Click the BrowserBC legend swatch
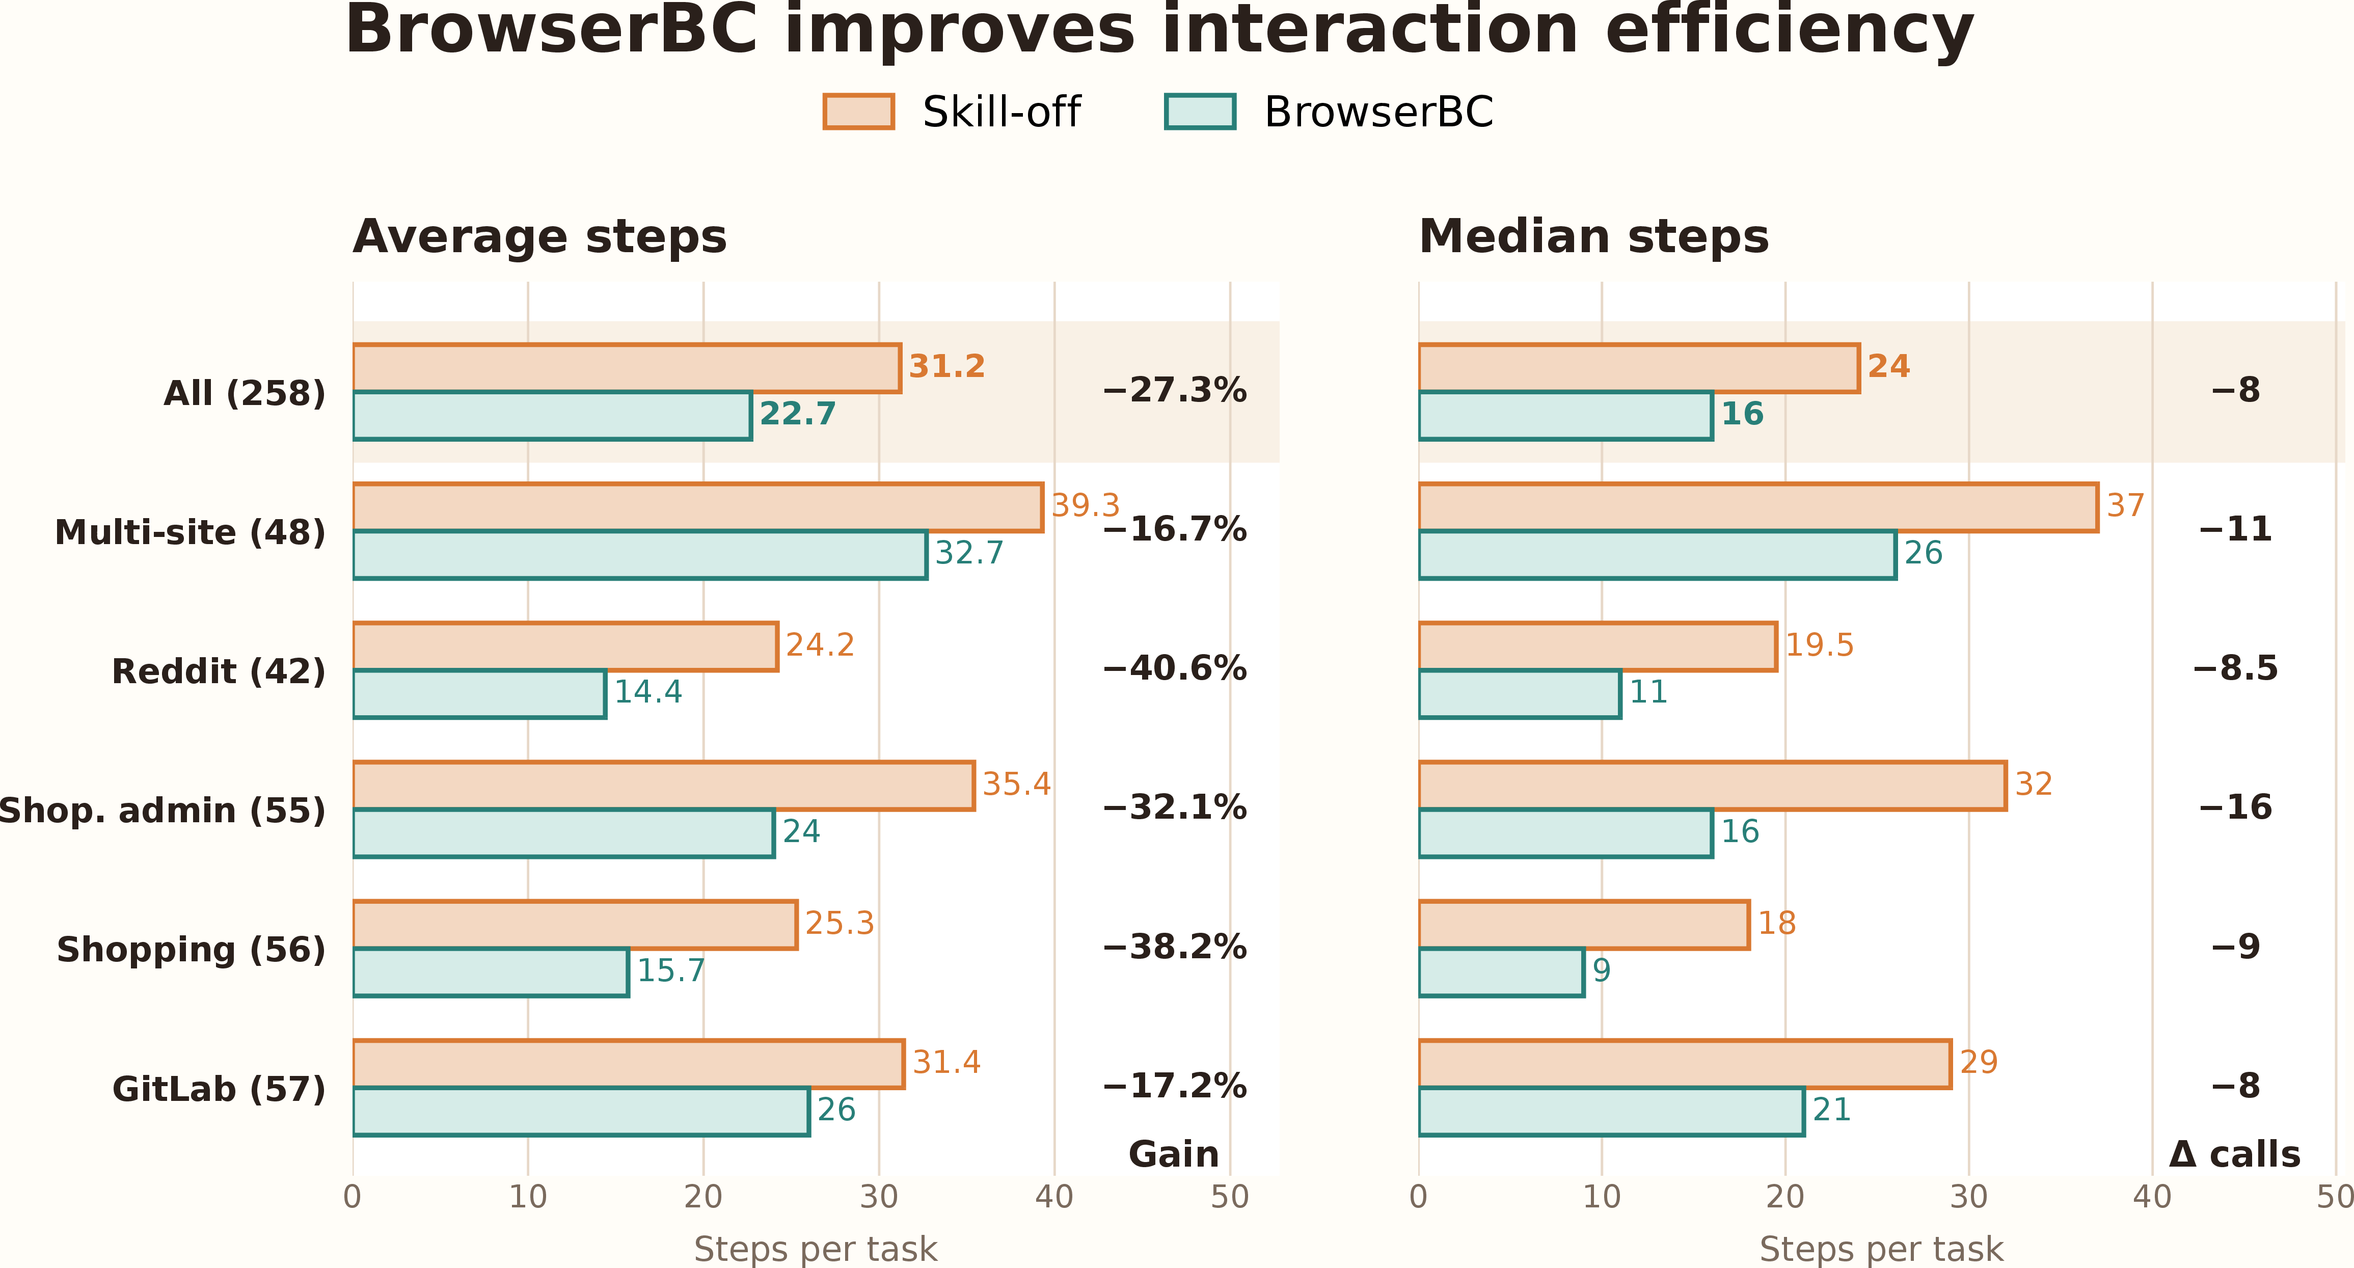(1200, 112)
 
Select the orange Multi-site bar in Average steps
(698, 507)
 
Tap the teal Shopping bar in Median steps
(1501, 972)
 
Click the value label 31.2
(946, 366)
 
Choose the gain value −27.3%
(1174, 390)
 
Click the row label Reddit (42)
(219, 671)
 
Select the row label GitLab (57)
(219, 1089)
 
